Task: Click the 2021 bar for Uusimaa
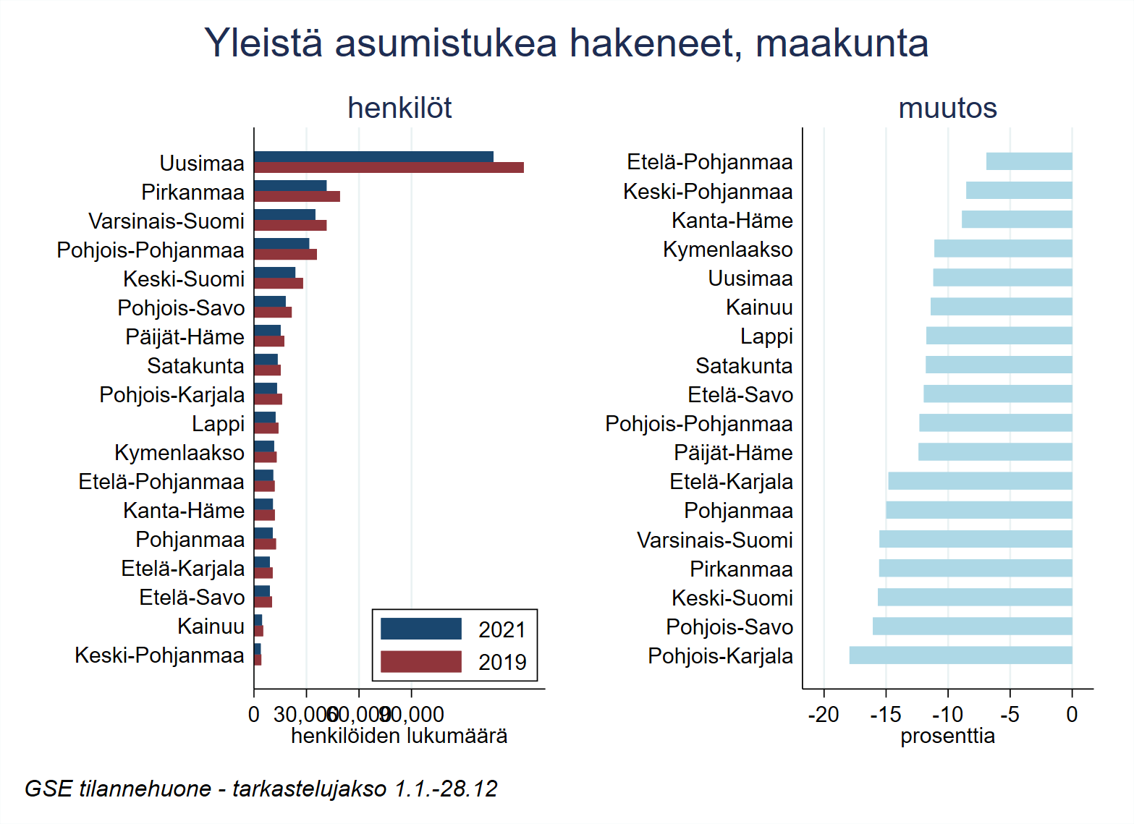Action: point(373,157)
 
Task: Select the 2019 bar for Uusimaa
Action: point(389,168)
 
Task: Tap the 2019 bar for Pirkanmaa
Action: point(297,197)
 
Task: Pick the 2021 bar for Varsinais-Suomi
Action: point(284,215)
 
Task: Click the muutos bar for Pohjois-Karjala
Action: point(960,655)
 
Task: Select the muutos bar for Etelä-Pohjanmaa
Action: point(1028,161)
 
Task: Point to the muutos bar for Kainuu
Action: point(1001,307)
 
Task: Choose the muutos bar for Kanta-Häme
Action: point(1016,220)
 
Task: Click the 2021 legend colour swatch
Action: point(420,629)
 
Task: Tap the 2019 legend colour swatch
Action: point(420,661)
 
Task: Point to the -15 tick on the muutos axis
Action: point(885,715)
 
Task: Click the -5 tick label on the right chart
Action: point(1010,715)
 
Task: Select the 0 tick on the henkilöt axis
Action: point(254,715)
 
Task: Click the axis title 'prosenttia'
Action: point(947,736)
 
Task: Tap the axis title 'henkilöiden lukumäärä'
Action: point(399,736)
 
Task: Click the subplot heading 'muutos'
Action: point(947,109)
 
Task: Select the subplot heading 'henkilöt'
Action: point(399,109)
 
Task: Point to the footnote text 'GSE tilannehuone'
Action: point(118,789)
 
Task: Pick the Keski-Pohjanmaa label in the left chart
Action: point(159,655)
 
